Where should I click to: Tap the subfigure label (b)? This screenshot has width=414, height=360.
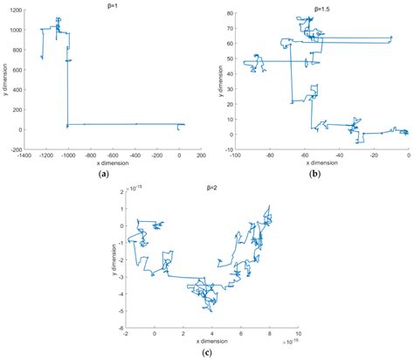click(x=319, y=173)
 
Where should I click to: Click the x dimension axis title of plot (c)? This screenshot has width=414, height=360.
click(x=210, y=341)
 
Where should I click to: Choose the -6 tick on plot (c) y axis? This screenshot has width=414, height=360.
click(x=121, y=325)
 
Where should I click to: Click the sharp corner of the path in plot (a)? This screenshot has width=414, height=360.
click(x=67, y=125)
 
